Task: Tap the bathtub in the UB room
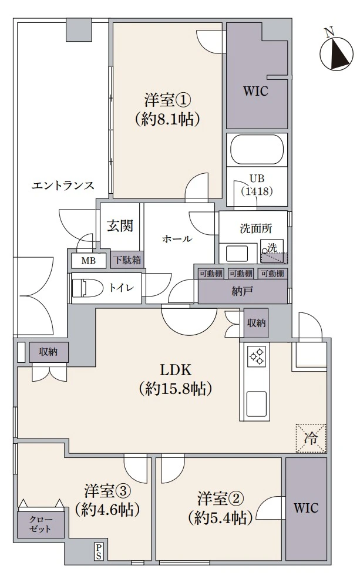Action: click(x=257, y=150)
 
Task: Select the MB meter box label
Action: click(x=89, y=261)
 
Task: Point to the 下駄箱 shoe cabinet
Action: click(x=127, y=260)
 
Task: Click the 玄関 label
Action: click(x=120, y=226)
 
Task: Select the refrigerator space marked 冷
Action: click(x=311, y=438)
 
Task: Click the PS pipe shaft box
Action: click(x=99, y=551)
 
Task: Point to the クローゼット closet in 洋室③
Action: click(x=41, y=524)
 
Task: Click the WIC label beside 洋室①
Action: click(x=255, y=91)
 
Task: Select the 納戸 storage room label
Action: click(x=243, y=291)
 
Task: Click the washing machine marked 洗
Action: click(x=272, y=251)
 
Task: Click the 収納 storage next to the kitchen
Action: click(x=256, y=324)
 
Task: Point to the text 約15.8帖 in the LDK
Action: click(x=176, y=389)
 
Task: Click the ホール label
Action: click(x=177, y=239)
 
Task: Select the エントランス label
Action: click(x=63, y=185)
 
